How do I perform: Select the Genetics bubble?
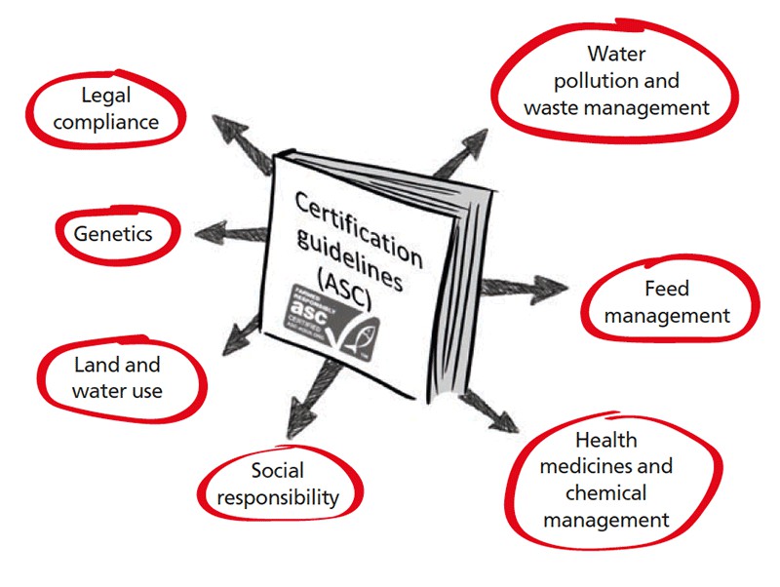click(x=114, y=234)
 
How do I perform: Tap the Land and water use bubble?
click(x=118, y=377)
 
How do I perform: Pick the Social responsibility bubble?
click(x=278, y=484)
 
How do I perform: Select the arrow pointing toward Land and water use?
click(x=239, y=332)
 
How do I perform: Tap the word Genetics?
click(x=114, y=234)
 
